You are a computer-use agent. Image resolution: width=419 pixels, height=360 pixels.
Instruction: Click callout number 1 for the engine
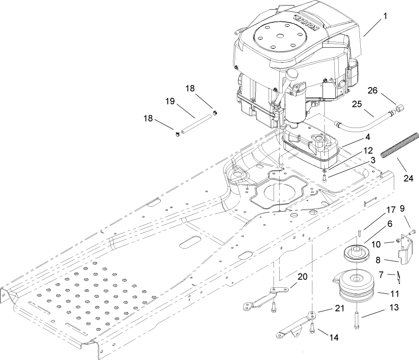pyautogui.click(x=385, y=17)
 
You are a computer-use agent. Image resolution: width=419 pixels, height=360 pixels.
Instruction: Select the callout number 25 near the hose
pyautogui.click(x=357, y=104)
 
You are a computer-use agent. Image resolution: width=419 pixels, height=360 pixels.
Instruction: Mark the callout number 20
pyautogui.click(x=302, y=277)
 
